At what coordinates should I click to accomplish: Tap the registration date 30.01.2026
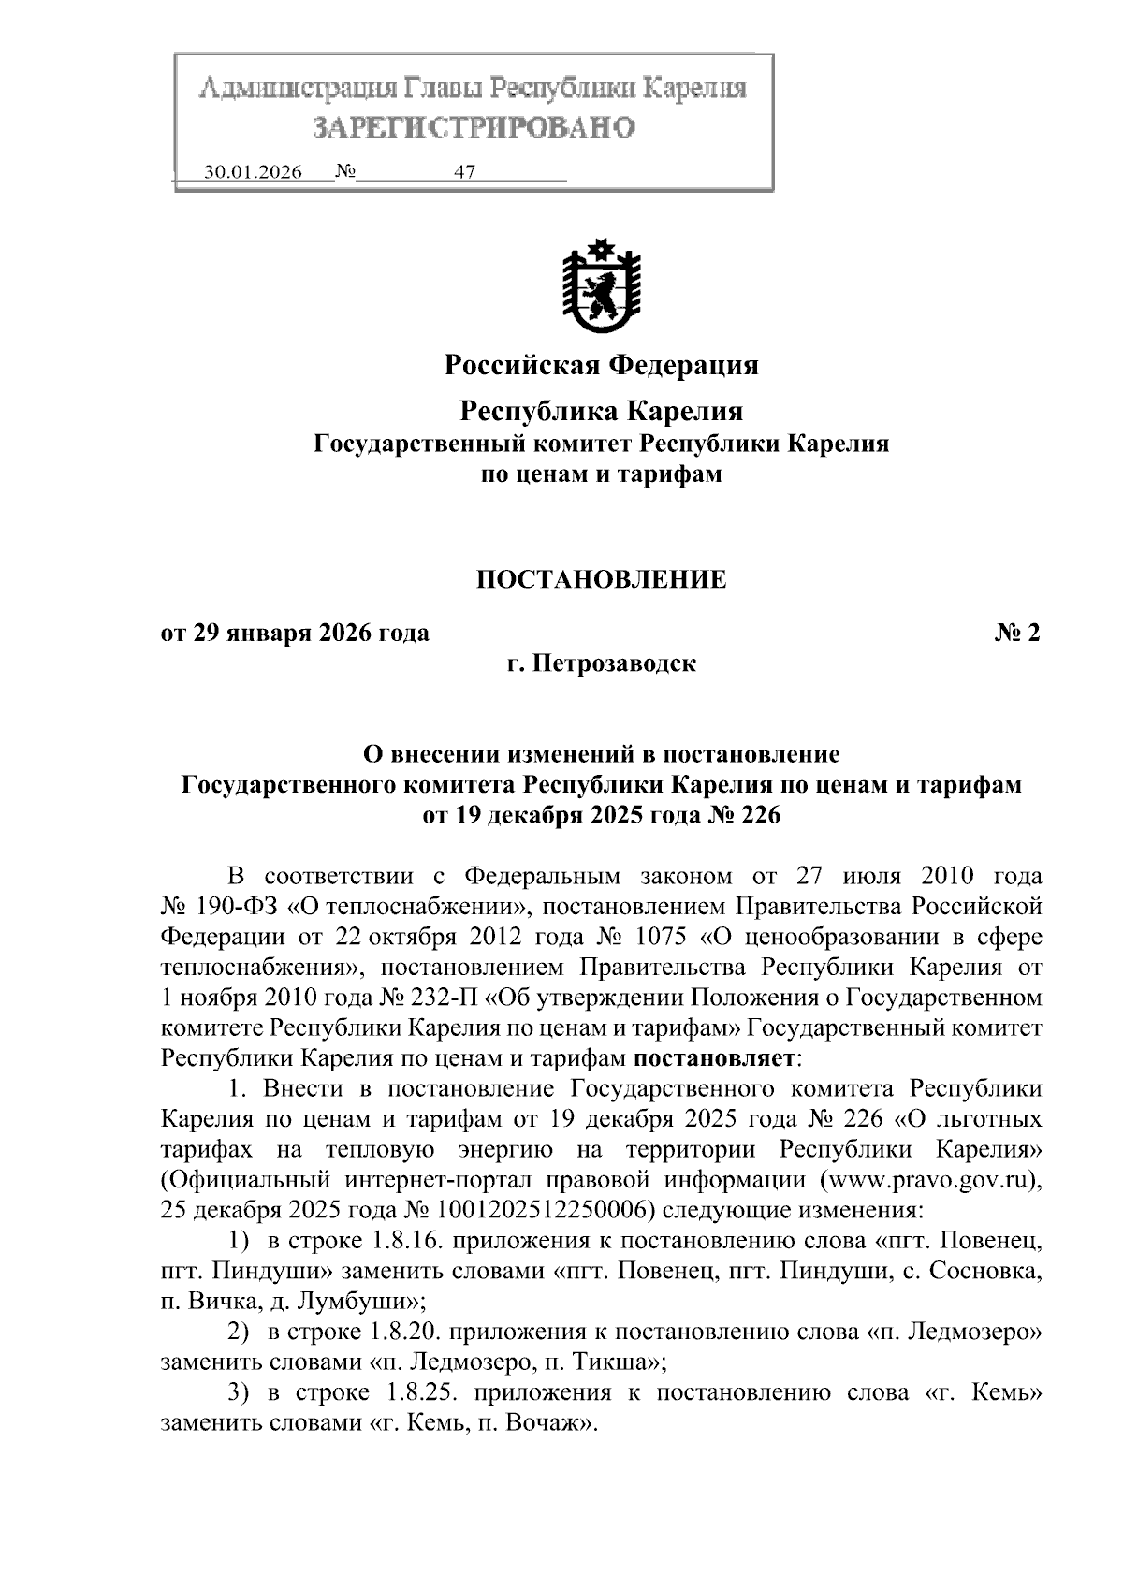coord(253,173)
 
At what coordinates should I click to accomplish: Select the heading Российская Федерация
coord(601,364)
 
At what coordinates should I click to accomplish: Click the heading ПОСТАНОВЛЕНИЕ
coord(601,579)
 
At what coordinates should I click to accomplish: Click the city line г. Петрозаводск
coord(601,664)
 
